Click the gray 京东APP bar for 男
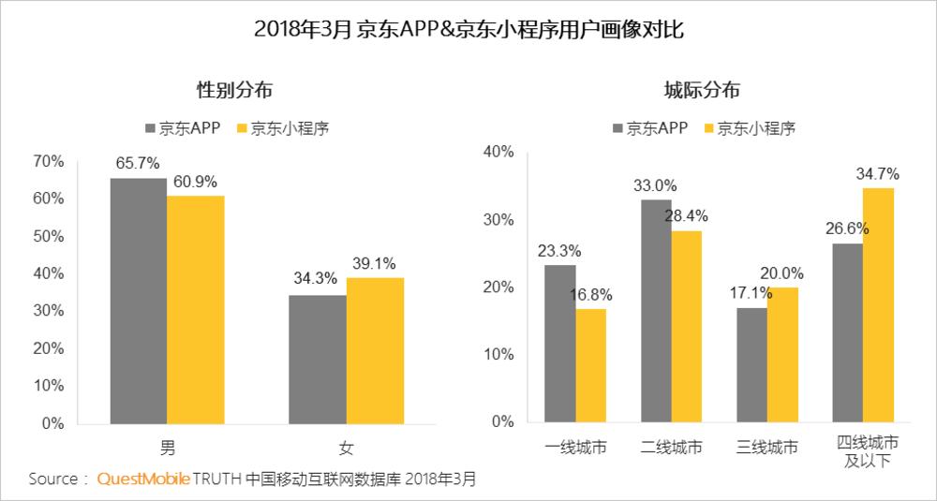coord(139,301)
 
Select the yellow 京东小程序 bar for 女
coord(375,350)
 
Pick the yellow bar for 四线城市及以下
coord(879,305)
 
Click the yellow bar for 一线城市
coord(591,366)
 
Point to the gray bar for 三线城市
coord(751,365)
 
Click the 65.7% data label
coord(136,163)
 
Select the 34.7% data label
coord(877,173)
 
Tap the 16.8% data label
coord(591,294)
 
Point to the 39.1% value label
coord(375,263)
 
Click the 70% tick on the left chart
coord(48,161)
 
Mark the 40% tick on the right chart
coord(499,152)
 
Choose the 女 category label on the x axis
coord(347,447)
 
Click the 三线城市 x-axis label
coord(767,447)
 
